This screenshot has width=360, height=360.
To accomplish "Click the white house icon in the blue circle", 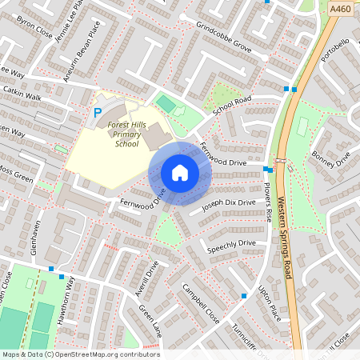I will [x=180, y=173].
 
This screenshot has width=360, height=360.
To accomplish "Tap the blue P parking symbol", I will [x=98, y=114].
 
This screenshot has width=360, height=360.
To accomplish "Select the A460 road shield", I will [x=340, y=7].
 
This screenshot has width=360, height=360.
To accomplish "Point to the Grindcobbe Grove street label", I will [x=224, y=38].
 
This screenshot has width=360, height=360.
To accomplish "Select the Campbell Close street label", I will [x=200, y=302].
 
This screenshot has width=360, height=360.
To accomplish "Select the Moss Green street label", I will [x=16, y=173].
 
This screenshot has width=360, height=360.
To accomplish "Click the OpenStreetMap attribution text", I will [x=81, y=354].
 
